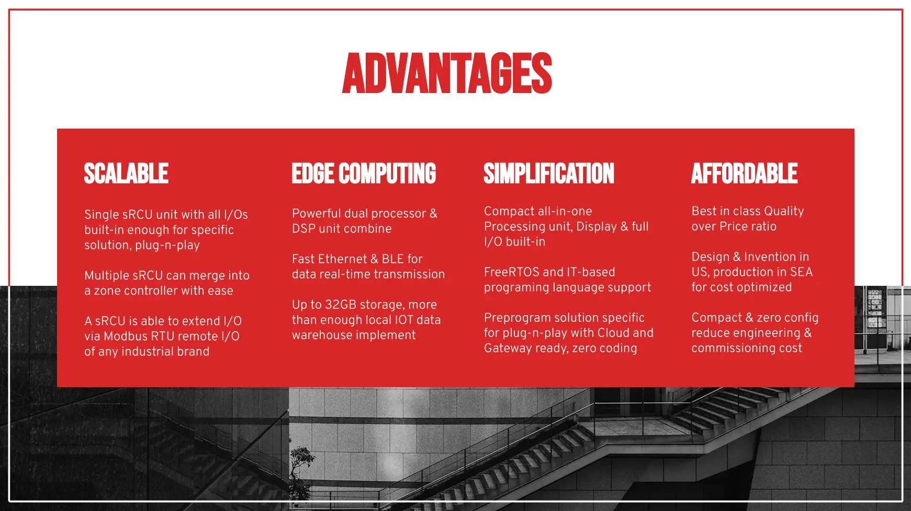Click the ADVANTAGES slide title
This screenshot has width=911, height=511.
pos(447,73)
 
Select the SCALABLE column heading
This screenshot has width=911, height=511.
pos(126,173)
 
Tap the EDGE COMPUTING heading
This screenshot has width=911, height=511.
pos(364,173)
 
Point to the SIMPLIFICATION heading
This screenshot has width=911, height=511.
pos(549,173)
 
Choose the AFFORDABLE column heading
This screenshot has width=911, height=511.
pos(745,173)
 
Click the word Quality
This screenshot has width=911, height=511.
pos(784,212)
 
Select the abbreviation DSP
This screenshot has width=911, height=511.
pos(303,229)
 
